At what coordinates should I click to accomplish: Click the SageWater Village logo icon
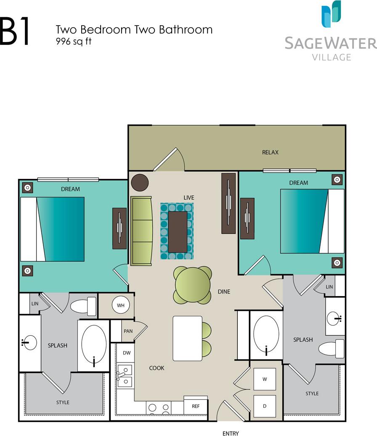(x=331, y=14)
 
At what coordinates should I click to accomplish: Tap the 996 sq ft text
(x=74, y=41)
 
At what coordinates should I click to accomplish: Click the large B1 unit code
(x=15, y=32)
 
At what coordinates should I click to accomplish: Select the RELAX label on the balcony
(x=270, y=152)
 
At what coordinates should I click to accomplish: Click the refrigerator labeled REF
(x=196, y=406)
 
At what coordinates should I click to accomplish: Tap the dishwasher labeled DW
(x=126, y=353)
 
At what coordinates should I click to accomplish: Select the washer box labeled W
(x=265, y=379)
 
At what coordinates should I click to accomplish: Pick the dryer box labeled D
(x=265, y=406)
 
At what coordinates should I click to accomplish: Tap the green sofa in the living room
(x=141, y=231)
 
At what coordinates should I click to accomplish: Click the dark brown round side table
(x=140, y=182)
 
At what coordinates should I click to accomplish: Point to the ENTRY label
(x=231, y=433)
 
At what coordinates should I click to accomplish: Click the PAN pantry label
(x=128, y=331)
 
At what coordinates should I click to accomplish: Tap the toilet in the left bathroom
(x=84, y=306)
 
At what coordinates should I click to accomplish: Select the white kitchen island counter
(x=187, y=338)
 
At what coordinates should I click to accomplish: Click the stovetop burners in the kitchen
(x=159, y=407)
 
